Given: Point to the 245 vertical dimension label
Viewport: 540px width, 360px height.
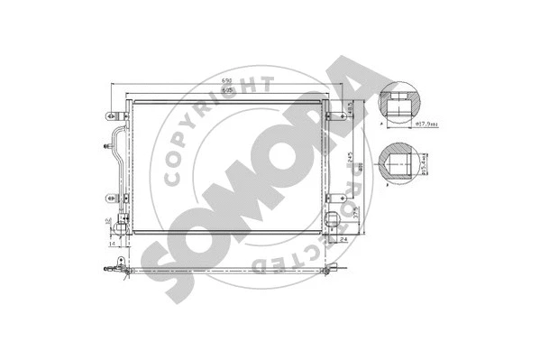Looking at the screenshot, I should (x=349, y=162).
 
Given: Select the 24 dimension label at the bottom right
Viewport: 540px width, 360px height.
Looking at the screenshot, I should (x=345, y=239).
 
